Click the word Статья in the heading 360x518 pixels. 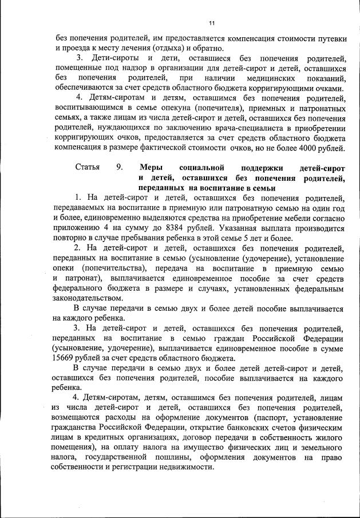click(87, 168)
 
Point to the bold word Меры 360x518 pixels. click(151, 168)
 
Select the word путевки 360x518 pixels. click(330, 38)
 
